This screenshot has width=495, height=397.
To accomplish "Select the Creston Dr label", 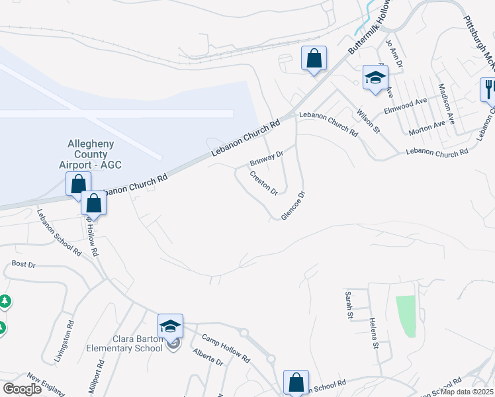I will click(x=263, y=183).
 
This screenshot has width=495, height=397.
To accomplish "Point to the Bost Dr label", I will click(x=23, y=264).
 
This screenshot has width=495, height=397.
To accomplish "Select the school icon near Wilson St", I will click(x=375, y=77).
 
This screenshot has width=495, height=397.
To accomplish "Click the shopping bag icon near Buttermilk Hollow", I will click(x=314, y=58).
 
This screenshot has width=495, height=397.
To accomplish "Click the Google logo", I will click(x=22, y=389).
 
